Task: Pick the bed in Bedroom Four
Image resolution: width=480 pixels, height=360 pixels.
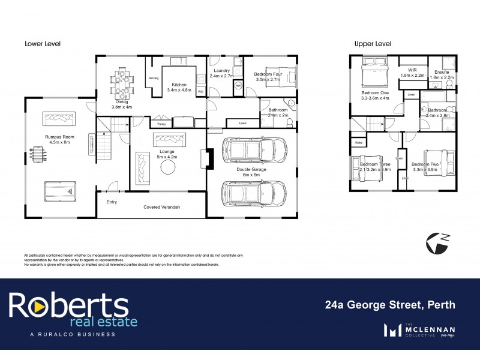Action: [x=282, y=76]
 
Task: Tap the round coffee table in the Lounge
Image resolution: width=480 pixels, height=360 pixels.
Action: [x=167, y=168]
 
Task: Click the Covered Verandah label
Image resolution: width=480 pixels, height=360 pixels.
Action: [x=162, y=207]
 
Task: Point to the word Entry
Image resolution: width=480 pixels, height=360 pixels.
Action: [x=112, y=202]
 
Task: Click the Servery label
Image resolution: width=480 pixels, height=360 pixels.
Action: [x=153, y=79]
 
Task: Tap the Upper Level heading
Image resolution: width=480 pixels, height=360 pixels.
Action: [x=373, y=44]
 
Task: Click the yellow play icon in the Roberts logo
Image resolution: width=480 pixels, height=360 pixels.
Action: [x=37, y=307]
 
